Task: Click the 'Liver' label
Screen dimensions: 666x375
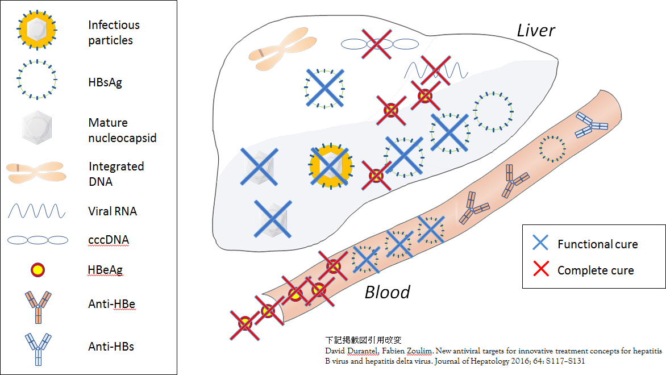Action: [x=536, y=31]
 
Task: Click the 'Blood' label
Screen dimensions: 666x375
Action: [x=388, y=292]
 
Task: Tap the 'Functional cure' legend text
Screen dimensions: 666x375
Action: [x=598, y=244]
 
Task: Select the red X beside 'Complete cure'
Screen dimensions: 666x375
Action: [x=541, y=269]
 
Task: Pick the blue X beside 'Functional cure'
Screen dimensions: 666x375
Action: [x=540, y=243]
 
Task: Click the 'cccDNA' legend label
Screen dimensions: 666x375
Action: [x=109, y=240]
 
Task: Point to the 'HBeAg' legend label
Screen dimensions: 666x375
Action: [x=105, y=270]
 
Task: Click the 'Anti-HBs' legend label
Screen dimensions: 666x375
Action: [x=111, y=347]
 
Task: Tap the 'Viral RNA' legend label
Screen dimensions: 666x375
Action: [x=113, y=211]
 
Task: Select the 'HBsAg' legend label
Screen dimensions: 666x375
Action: [x=105, y=82]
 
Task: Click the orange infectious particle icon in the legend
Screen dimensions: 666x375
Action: [x=37, y=30]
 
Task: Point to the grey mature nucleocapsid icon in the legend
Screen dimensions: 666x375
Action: [x=37, y=127]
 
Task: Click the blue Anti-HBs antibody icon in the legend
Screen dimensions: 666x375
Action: [x=38, y=349]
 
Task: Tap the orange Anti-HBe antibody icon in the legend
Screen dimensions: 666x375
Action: [x=38, y=307]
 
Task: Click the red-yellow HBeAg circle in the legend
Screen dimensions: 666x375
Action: [x=38, y=270]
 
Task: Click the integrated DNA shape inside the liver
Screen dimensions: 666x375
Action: [x=282, y=49]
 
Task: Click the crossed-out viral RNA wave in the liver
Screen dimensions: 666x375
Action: [x=436, y=70]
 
